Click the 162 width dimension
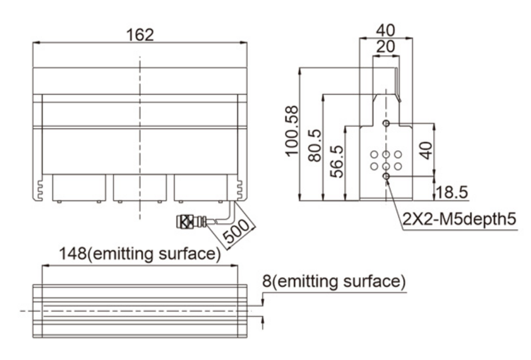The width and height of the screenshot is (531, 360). (x=140, y=34)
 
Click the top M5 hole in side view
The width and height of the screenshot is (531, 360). (x=387, y=123)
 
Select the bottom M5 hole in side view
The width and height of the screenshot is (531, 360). (x=387, y=178)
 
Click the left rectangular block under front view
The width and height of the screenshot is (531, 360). (x=79, y=187)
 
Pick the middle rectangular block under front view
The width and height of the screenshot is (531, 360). (x=140, y=187)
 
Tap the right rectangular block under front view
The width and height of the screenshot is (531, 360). (x=200, y=187)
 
